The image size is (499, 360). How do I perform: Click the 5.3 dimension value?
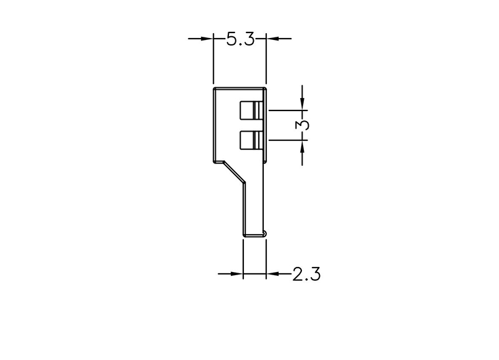pos(241,39)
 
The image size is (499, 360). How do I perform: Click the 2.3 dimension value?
pos(306,274)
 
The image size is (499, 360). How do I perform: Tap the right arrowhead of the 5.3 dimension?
pos(273,39)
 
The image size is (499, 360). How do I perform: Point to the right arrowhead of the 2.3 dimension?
pos(273,273)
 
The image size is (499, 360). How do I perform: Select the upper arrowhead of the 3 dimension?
pos(302,104)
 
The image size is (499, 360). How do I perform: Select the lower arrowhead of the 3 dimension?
pos(302,147)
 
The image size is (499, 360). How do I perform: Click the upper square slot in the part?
pos(252,111)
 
